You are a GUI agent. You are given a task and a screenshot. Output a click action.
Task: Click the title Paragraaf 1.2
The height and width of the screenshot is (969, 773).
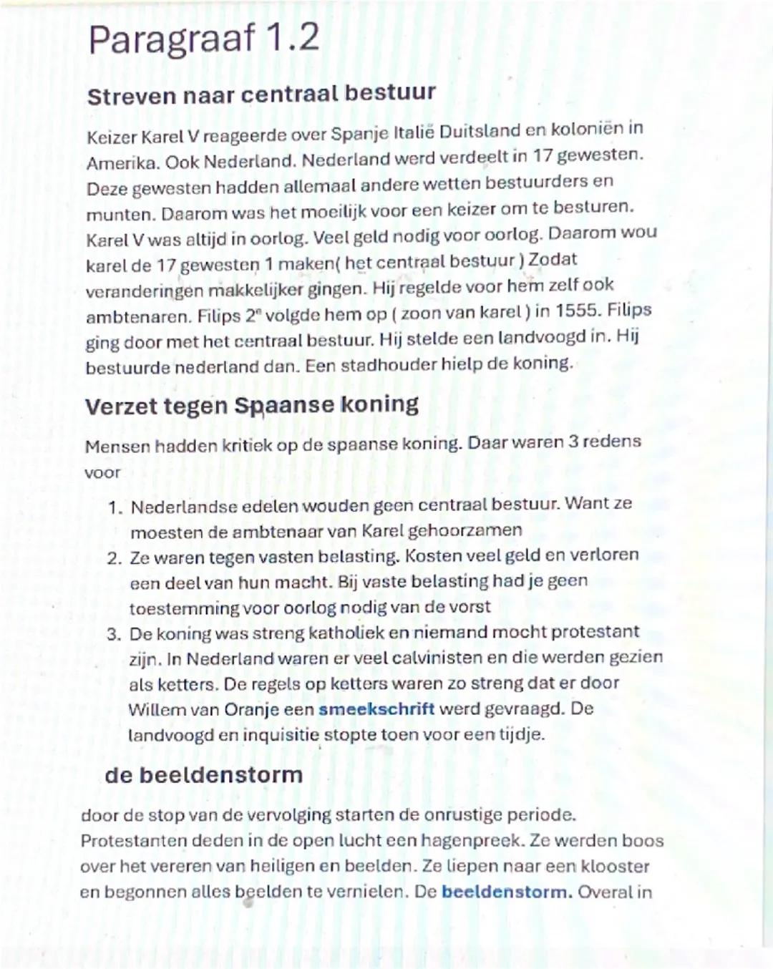coord(203,39)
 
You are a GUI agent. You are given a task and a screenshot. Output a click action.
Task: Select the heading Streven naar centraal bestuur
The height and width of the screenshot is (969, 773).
coord(261,94)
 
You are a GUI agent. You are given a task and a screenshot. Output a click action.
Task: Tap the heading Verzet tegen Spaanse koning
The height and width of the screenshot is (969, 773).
coord(251,405)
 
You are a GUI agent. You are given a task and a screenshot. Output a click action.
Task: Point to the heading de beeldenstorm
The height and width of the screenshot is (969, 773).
coord(203,775)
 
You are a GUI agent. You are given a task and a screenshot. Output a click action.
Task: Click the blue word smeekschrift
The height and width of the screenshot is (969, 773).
coord(376,709)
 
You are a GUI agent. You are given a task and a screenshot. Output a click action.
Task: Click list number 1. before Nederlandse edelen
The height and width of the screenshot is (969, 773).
coord(115,508)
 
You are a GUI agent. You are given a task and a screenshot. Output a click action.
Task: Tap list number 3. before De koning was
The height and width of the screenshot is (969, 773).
coord(114,635)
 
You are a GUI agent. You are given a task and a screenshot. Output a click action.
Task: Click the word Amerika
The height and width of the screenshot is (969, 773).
coord(122,163)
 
